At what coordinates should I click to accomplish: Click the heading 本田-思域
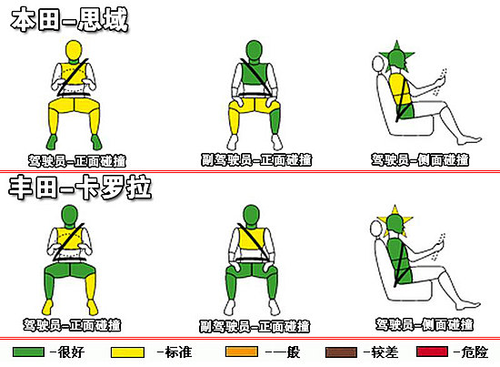point(69,20)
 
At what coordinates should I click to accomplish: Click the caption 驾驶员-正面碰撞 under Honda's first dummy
point(75,160)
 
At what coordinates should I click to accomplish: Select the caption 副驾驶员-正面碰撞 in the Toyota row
point(251,325)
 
